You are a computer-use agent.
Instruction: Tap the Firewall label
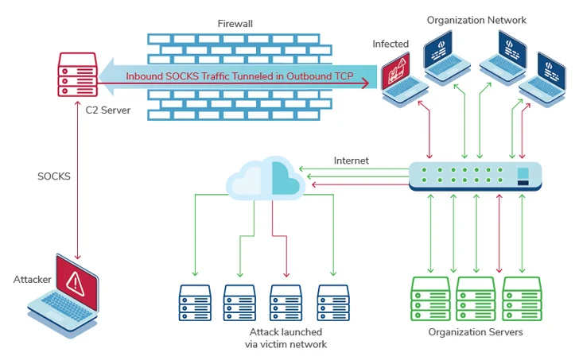click(x=235, y=24)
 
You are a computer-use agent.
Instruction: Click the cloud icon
click(x=266, y=180)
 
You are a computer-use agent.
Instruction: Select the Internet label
click(x=351, y=161)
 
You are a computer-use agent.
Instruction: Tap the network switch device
click(x=475, y=176)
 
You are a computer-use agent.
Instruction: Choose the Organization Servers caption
click(x=476, y=332)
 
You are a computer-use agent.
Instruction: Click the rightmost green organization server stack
click(x=521, y=297)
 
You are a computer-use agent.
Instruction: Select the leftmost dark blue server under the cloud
click(x=194, y=303)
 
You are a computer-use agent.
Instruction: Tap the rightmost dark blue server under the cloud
click(x=333, y=303)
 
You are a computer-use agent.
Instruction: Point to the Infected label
click(x=391, y=44)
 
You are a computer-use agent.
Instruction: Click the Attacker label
click(x=32, y=279)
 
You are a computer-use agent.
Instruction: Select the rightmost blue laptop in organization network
click(x=546, y=79)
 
